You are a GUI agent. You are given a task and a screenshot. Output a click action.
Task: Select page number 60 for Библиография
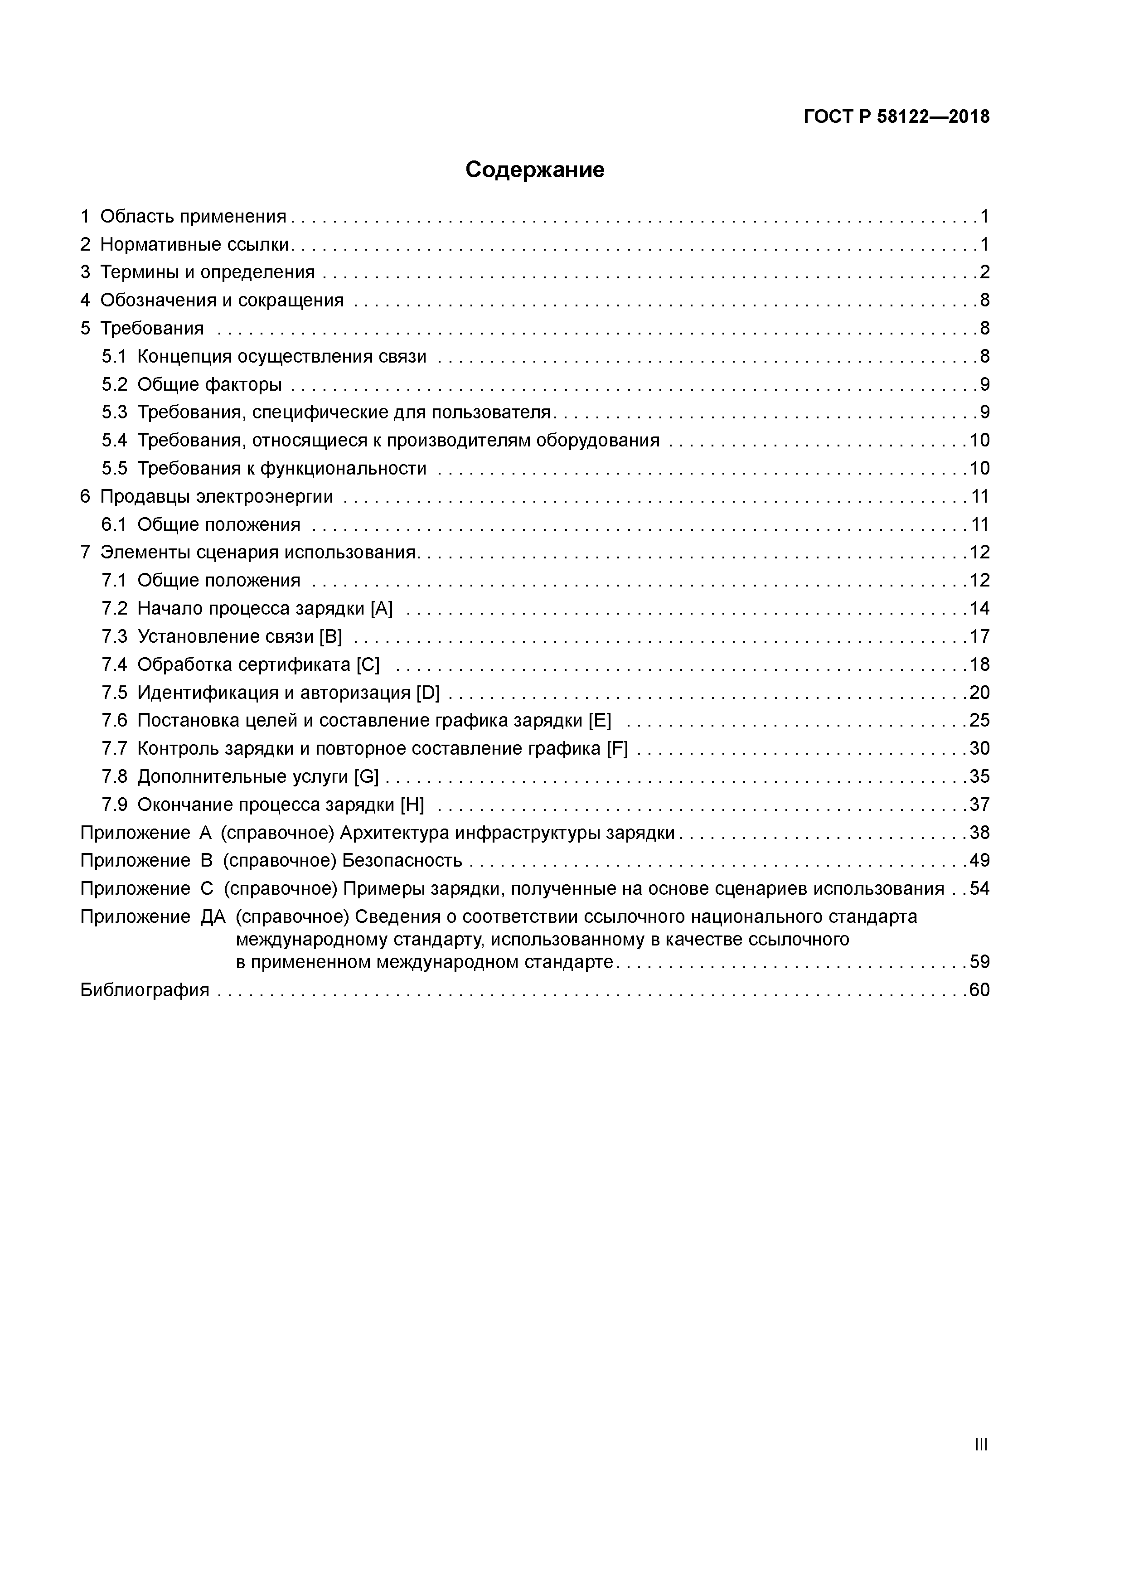tap(979, 990)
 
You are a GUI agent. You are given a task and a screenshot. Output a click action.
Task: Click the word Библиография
tap(145, 990)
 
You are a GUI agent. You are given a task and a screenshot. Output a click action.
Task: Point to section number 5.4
tap(114, 441)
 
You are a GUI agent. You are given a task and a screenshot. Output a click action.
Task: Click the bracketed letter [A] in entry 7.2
tap(382, 609)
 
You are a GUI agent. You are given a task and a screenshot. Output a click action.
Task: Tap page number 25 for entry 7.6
tap(979, 721)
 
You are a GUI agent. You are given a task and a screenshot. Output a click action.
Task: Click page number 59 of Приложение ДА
tap(979, 962)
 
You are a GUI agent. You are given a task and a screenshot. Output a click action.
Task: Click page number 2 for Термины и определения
tap(984, 272)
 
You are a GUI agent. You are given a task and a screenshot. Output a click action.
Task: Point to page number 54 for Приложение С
tap(979, 888)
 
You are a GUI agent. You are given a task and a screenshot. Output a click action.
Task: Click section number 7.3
tap(114, 636)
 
